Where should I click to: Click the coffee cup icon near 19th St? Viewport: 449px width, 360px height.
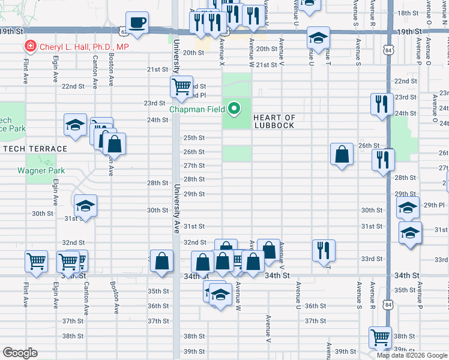tap(137, 23)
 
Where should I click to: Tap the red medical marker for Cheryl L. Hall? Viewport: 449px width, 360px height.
tap(29, 46)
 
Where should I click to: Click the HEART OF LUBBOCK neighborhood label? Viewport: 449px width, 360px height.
tap(274, 121)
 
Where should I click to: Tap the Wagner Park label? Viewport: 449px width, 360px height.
tap(41, 170)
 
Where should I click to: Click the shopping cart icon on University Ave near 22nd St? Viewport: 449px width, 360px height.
tap(181, 86)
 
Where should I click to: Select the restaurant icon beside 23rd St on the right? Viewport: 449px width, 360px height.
tap(382, 104)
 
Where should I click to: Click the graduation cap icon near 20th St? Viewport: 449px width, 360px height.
tap(318, 38)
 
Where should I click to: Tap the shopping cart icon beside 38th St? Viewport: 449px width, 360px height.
tap(380, 338)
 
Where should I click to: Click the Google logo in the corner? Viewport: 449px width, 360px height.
tap(19, 353)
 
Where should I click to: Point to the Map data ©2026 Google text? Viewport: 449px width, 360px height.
tap(412, 355)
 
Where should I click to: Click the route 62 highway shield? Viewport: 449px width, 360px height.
tap(123, 29)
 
